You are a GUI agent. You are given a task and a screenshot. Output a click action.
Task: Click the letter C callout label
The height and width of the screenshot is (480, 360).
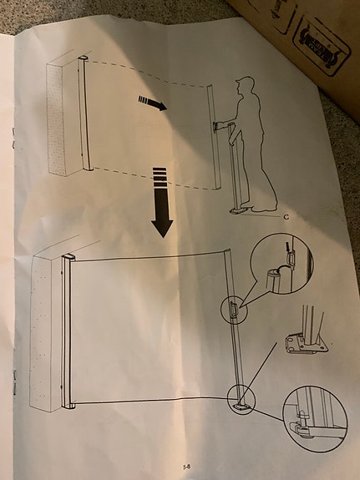pos(286,216)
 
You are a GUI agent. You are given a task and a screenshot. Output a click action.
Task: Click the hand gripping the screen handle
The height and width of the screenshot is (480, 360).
pos(221,127)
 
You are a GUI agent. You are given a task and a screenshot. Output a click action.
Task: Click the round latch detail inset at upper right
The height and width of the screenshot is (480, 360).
pos(281,263)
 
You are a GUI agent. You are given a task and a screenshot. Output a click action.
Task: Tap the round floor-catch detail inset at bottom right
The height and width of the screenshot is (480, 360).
pos(314,417)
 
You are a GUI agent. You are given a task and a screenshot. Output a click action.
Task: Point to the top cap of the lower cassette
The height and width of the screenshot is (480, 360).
pos(68,257)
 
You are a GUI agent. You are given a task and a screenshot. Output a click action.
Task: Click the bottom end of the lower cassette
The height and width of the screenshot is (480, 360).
pos(68,406)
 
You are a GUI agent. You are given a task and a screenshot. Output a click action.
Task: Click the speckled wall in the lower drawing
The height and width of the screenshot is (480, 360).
pos(44,334)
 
